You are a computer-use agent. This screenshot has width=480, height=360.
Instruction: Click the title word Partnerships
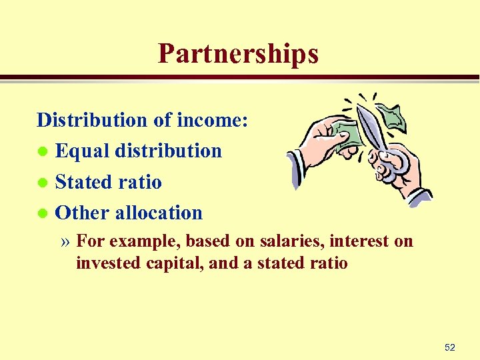click(x=238, y=54)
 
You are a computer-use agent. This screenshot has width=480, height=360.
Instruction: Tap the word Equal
click(x=83, y=151)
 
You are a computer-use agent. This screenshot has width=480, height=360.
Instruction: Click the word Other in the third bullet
click(x=83, y=213)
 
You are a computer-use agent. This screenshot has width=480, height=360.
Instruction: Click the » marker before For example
click(x=66, y=241)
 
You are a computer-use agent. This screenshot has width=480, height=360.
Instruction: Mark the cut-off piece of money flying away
click(x=393, y=116)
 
